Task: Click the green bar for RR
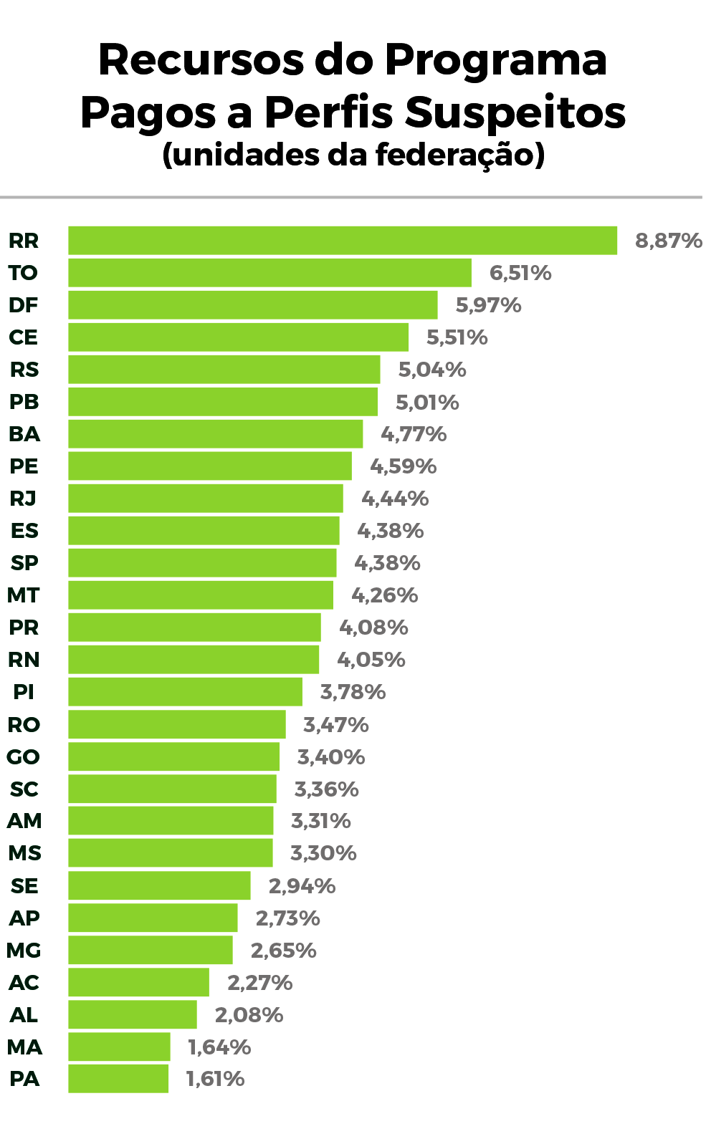click(x=343, y=241)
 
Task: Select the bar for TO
click(x=269, y=273)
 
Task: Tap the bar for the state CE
click(x=238, y=337)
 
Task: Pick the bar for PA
click(x=118, y=1079)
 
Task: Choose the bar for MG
click(x=151, y=950)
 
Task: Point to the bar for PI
click(x=185, y=692)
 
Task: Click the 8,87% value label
click(x=669, y=241)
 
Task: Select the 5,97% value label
click(x=489, y=305)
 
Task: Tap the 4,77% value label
click(x=414, y=434)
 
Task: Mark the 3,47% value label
click(x=336, y=725)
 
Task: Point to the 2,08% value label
click(x=249, y=1015)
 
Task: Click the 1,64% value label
click(x=219, y=1047)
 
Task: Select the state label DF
click(x=23, y=305)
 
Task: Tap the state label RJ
click(x=23, y=499)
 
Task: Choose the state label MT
click(x=23, y=595)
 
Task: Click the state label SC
click(x=24, y=789)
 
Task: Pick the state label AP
click(x=24, y=918)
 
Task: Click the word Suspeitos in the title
click(x=515, y=112)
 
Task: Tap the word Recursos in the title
click(x=201, y=59)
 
